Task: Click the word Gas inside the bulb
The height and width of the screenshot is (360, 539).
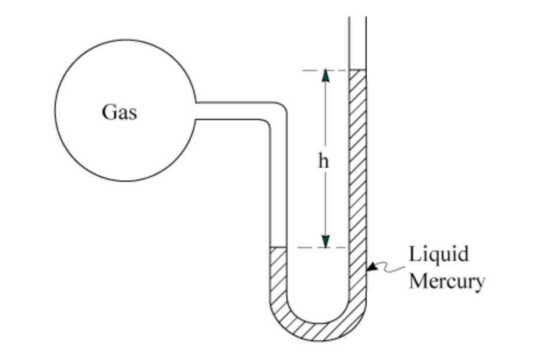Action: pos(119,111)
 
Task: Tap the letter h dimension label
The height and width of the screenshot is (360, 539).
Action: pos(323,161)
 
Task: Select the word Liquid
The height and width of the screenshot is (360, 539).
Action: pos(438,255)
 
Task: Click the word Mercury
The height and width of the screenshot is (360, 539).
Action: pos(446,281)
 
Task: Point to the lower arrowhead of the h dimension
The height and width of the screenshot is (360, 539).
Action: pos(325,241)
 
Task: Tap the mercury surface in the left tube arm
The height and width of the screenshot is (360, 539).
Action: pos(278,248)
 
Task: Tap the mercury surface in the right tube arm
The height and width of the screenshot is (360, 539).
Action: pos(357,70)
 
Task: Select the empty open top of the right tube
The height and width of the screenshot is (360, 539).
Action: pos(357,41)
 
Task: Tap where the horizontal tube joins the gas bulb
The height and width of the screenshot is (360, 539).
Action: pos(197,111)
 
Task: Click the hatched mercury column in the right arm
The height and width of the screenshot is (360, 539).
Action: pos(357,175)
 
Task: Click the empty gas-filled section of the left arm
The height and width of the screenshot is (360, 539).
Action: pos(278,186)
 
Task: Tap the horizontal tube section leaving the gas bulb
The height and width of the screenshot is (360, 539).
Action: pos(233,111)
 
